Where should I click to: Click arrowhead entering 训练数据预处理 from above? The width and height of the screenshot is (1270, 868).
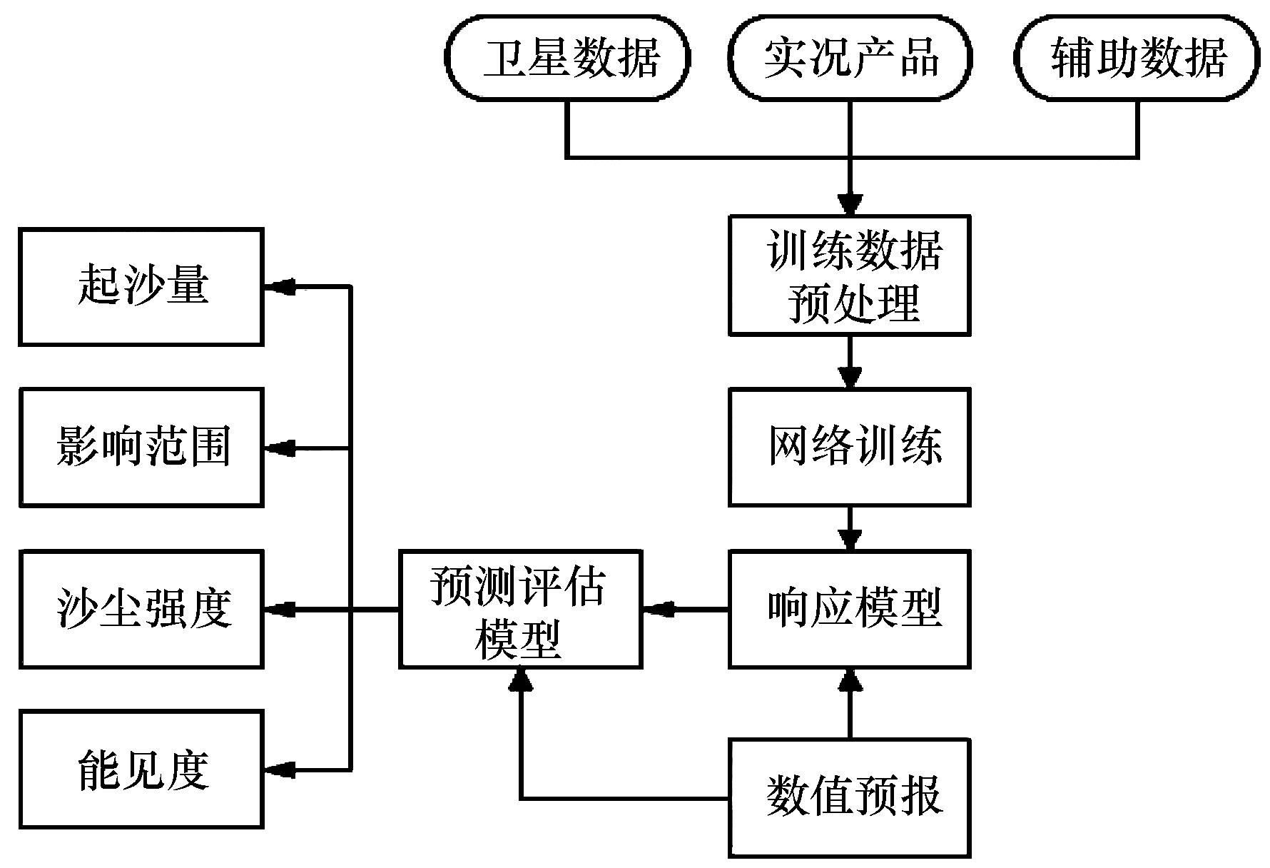[850, 205]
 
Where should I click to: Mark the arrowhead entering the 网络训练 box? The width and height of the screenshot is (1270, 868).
[850, 378]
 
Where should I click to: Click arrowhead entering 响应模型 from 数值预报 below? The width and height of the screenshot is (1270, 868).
[850, 680]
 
